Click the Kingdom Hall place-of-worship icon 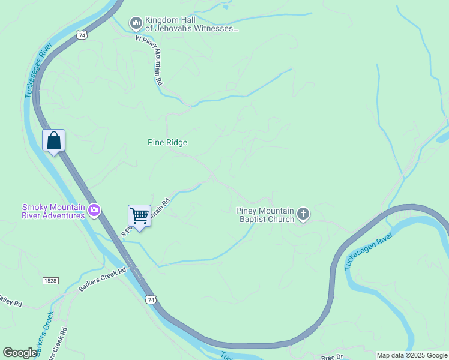pyautogui.click(x=136, y=23)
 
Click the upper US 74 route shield pyautogui.click(x=81, y=35)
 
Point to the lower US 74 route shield pyautogui.click(x=150, y=299)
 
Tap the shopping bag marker pyautogui.click(x=53, y=141)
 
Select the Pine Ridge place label pyautogui.click(x=167, y=142)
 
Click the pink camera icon pyautogui.click(x=94, y=211)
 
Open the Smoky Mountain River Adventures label pyautogui.click(x=53, y=211)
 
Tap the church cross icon pyautogui.click(x=303, y=214)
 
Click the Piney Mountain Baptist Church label pyautogui.click(x=265, y=215)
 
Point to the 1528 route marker pyautogui.click(x=50, y=281)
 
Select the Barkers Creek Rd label pyautogui.click(x=103, y=280)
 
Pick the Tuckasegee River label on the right pyautogui.click(x=368, y=251)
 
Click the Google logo pyautogui.click(x=20, y=353)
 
